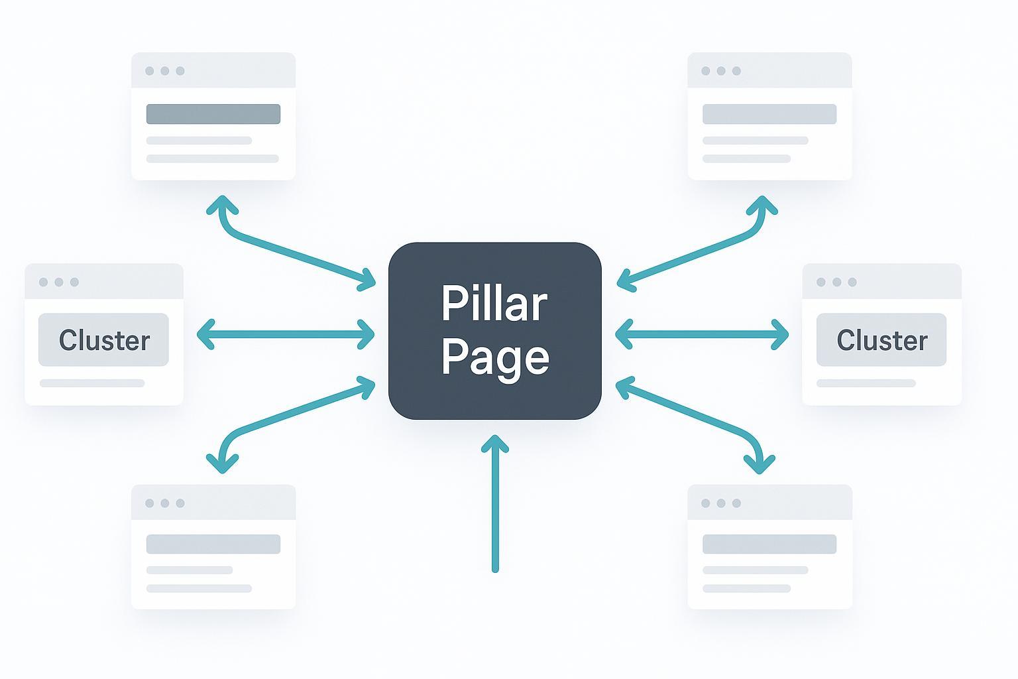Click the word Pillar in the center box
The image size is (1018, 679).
coord(494,304)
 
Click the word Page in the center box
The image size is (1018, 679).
coord(494,357)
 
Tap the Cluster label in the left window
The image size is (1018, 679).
coord(104,340)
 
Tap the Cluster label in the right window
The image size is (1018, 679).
coord(881,340)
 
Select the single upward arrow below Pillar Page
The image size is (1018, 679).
coord(494,504)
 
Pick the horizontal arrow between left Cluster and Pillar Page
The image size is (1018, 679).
coord(286,334)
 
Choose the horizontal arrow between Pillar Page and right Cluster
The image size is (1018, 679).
coord(702,334)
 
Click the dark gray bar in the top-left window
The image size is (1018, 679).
coord(213,114)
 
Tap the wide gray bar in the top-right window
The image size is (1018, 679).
coord(769,114)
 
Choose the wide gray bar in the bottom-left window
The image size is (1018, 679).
coord(213,544)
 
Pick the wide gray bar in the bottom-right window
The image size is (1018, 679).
coord(769,544)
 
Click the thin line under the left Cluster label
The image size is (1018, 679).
coord(92,383)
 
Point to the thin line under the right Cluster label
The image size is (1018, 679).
coord(866,383)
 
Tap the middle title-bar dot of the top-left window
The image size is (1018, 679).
coord(164,71)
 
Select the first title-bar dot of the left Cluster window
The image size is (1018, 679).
coord(43,282)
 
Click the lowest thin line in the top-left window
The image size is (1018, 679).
coord(212,158)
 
